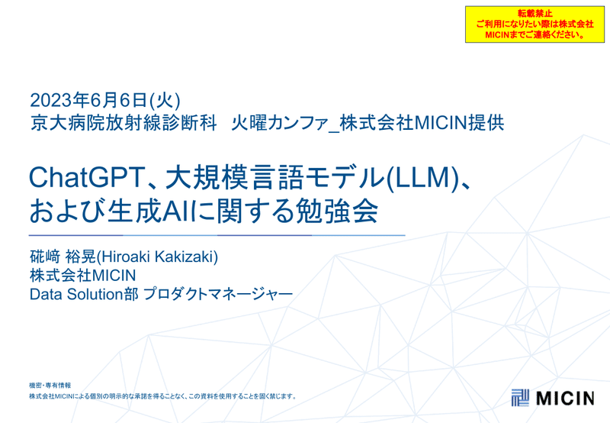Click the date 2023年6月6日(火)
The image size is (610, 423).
click(x=105, y=101)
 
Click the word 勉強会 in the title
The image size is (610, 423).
click(x=337, y=211)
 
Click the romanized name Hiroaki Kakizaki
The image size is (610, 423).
click(x=157, y=257)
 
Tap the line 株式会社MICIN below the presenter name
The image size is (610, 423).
click(x=83, y=276)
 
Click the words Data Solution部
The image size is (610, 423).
click(x=84, y=294)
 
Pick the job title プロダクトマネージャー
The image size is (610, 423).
click(x=218, y=294)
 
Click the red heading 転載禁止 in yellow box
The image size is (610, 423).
click(x=535, y=14)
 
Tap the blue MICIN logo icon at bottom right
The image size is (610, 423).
click(x=520, y=397)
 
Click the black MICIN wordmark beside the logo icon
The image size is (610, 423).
click(x=565, y=398)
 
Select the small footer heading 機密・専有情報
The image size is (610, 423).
click(x=50, y=386)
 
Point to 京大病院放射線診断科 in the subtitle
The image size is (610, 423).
click(x=124, y=123)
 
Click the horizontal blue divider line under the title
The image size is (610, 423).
click(x=217, y=235)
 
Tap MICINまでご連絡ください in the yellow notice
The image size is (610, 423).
click(x=535, y=34)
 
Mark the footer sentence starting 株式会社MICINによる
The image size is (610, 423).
click(x=162, y=396)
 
